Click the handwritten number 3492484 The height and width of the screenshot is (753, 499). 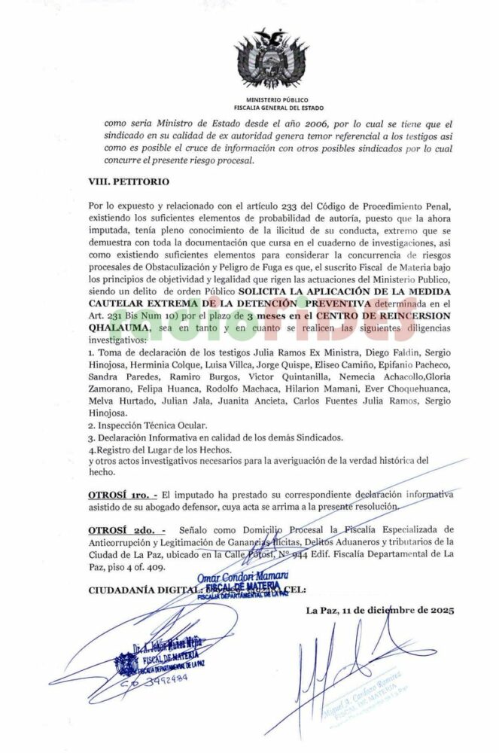click(x=159, y=677)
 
